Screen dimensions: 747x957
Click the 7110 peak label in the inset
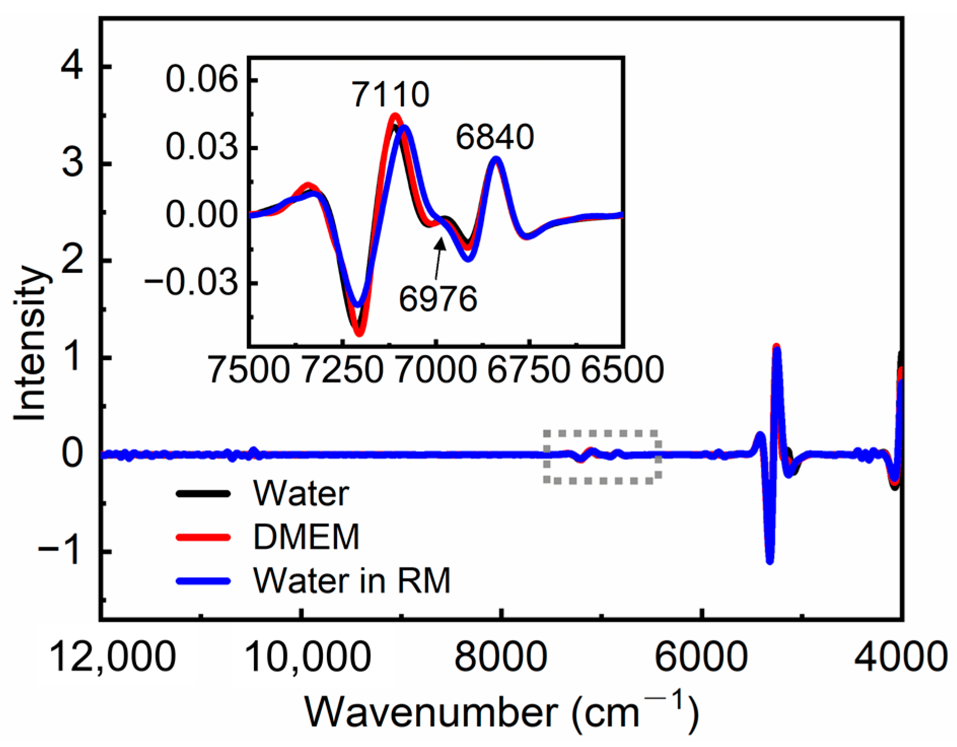point(391,94)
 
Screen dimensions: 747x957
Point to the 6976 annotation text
point(438,299)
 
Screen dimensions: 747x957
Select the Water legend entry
point(301,493)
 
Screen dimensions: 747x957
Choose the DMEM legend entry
point(306,537)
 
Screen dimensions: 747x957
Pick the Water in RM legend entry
point(352,580)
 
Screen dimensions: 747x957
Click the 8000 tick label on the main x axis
point(500,656)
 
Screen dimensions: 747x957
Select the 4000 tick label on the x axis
point(900,656)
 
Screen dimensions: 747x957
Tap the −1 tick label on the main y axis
point(59,551)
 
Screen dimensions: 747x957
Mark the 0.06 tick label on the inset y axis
point(202,80)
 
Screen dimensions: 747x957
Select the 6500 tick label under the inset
point(622,369)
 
